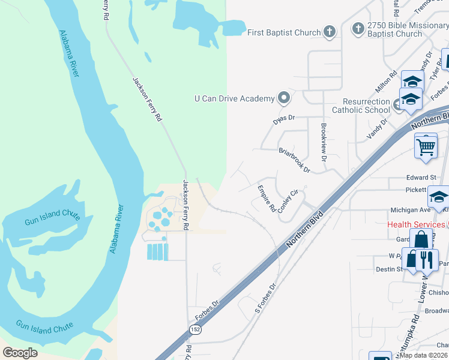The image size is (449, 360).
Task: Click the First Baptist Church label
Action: [x=285, y=32]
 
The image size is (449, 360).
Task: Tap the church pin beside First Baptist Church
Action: [x=329, y=32]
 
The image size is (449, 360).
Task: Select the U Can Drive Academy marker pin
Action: [x=284, y=98]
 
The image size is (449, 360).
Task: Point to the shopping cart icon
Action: [x=426, y=146]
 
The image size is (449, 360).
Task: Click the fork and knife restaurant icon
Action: [x=427, y=259]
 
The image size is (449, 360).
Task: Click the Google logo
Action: [x=20, y=353]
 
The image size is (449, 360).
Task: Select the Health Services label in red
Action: [x=416, y=224]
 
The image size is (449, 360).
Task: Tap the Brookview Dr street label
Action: [x=324, y=143]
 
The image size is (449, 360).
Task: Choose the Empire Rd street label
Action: [x=267, y=199]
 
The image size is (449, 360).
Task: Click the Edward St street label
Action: [x=421, y=178]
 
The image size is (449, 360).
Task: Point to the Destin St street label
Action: [x=390, y=269]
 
